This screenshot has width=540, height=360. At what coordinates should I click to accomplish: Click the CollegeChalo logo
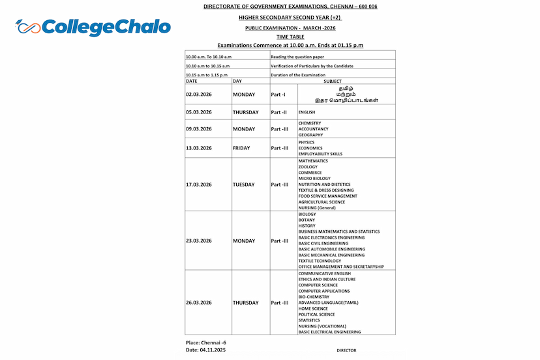[x=93, y=27]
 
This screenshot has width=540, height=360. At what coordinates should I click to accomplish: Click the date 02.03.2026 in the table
[x=199, y=95]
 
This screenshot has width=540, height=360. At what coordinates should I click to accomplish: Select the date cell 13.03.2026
[x=199, y=148]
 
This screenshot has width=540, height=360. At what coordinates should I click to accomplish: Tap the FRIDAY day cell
[x=241, y=148]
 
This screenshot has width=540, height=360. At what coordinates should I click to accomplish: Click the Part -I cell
[x=278, y=95]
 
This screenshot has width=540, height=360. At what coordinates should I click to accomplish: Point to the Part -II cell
[x=279, y=112]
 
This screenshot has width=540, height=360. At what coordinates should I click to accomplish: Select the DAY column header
[x=237, y=81]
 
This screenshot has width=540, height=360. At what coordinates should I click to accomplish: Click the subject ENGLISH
[x=307, y=112]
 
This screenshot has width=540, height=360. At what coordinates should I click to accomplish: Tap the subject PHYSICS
[x=306, y=142]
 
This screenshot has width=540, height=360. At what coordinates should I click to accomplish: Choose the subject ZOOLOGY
[x=308, y=166]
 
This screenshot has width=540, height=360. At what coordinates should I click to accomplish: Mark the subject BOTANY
[x=307, y=220]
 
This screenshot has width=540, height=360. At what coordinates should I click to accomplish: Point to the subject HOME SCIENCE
[x=313, y=308]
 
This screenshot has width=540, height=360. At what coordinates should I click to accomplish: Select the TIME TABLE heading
[x=290, y=37]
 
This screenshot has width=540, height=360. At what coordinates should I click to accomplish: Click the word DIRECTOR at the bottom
[x=346, y=350]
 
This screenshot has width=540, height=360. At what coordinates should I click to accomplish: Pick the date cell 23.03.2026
[x=199, y=241]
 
